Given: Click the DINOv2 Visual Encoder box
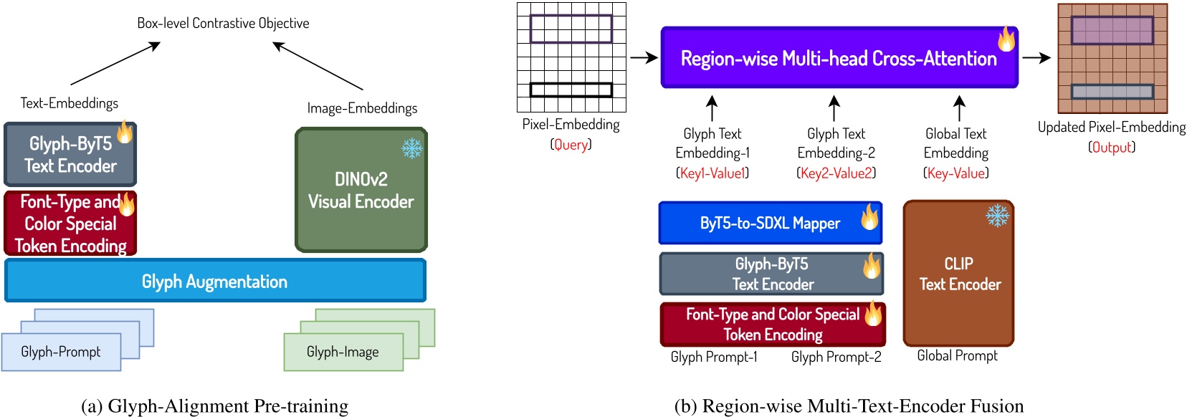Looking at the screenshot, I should coord(361,191).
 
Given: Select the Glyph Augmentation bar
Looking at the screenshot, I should coord(215,281).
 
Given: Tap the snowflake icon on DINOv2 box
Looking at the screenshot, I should coord(412,148).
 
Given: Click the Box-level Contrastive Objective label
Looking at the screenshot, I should coord(223,23).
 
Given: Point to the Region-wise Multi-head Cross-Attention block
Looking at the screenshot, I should coord(839,59).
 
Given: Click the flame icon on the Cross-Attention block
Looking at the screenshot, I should coord(1006,39).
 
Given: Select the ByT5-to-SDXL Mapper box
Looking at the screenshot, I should coord(770,224).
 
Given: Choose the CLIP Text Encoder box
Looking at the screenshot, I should coord(959,274).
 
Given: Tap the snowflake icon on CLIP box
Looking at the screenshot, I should coord(997,215).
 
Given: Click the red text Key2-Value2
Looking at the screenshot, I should coord(836,173).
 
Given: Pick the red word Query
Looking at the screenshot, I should coord(571,145).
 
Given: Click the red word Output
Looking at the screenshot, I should coord(1112,148).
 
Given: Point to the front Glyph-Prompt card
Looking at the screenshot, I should coord(61,352).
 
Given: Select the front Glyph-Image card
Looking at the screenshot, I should coord(343,352).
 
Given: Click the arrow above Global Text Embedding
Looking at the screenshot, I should coord(960,108).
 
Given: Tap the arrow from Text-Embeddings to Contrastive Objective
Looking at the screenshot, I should coord(115,64).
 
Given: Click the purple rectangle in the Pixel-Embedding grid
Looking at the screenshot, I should coord(571,29).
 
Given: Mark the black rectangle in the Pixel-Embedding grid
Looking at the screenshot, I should coord(571,90).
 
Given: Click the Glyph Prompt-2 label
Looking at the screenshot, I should coord(836,357).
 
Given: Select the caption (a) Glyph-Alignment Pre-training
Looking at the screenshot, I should coord(215,406).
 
